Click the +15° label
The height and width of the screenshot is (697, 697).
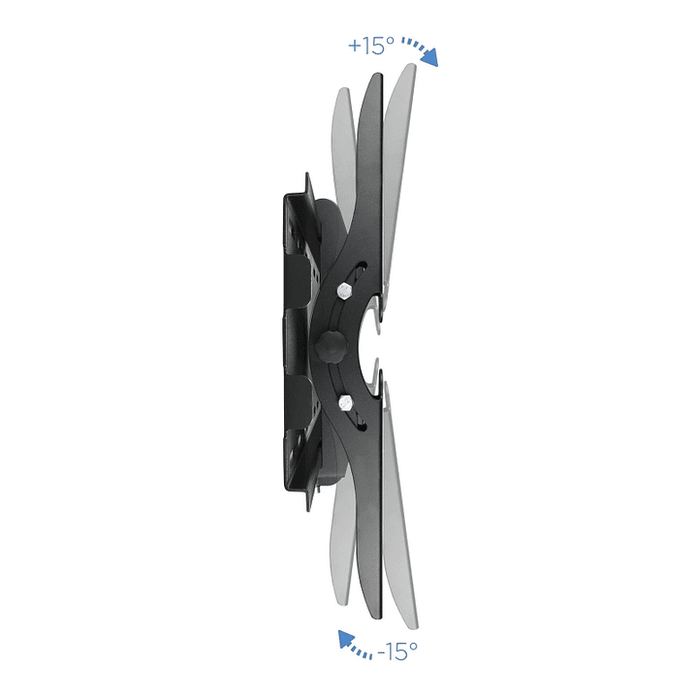(371, 46)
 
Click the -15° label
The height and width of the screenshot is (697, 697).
(396, 651)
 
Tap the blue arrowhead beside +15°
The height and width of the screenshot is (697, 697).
(429, 57)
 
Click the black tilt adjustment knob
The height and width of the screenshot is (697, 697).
(332, 346)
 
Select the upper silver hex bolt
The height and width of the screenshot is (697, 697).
(344, 291)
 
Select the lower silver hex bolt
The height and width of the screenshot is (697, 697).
(345, 403)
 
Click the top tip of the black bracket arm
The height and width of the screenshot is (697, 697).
(378, 75)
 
